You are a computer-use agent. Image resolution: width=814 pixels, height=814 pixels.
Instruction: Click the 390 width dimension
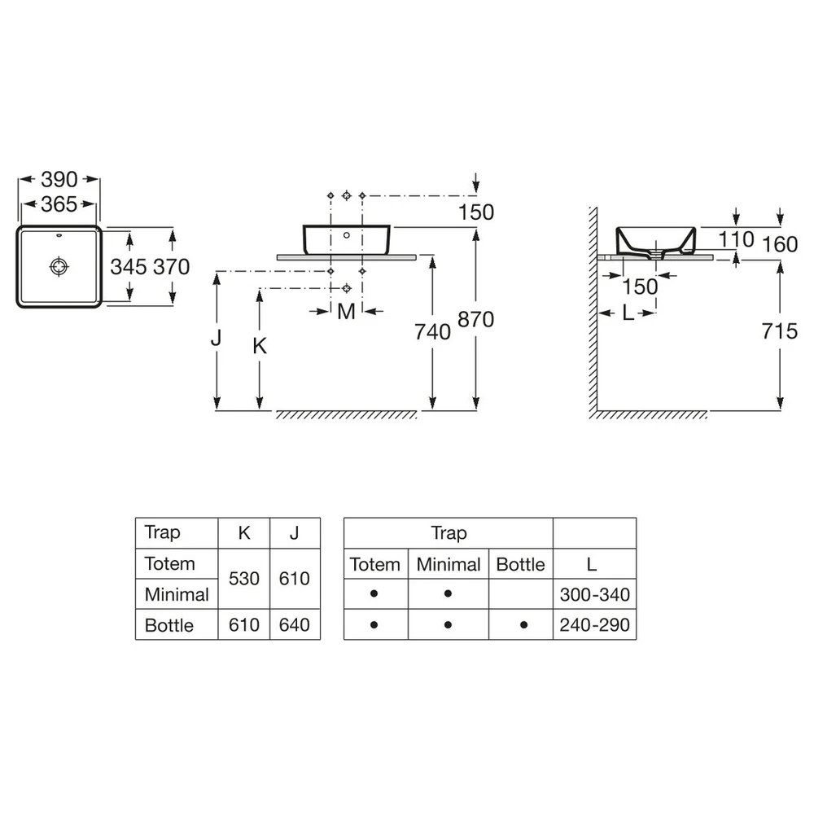(59, 180)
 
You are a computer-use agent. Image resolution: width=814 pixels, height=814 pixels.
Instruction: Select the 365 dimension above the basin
(59, 204)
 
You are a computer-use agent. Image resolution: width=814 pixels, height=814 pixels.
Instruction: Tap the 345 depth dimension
(129, 267)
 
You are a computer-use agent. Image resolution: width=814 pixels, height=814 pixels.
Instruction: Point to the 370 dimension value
(172, 267)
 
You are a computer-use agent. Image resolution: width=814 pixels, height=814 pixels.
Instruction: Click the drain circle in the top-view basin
(59, 266)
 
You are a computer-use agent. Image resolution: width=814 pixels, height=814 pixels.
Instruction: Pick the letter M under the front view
(346, 312)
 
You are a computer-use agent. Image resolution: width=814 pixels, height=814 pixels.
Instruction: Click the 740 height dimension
(432, 332)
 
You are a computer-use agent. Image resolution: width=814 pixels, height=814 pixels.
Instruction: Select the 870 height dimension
(475, 319)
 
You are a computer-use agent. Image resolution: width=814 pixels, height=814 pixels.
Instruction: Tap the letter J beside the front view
(216, 338)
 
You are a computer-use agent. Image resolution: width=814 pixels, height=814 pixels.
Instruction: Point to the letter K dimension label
(260, 346)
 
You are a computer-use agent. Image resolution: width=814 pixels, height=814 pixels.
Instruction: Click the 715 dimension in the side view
(779, 331)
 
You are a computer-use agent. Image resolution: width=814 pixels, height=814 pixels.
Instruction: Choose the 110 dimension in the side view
(736, 239)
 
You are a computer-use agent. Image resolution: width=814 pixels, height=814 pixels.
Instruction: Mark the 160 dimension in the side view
(779, 244)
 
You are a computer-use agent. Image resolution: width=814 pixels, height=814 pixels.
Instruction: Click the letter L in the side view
(628, 313)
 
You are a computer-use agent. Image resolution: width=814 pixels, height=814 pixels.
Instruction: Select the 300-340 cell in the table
(595, 594)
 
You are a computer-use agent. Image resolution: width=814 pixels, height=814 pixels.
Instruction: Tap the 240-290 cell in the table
(595, 625)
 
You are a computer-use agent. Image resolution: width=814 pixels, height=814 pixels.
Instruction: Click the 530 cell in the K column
(244, 578)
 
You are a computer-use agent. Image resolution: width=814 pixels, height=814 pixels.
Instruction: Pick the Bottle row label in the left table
(169, 625)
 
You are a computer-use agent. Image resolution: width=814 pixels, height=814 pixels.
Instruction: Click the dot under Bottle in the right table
(523, 625)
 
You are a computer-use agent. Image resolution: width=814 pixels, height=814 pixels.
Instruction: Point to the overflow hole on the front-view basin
(346, 235)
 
